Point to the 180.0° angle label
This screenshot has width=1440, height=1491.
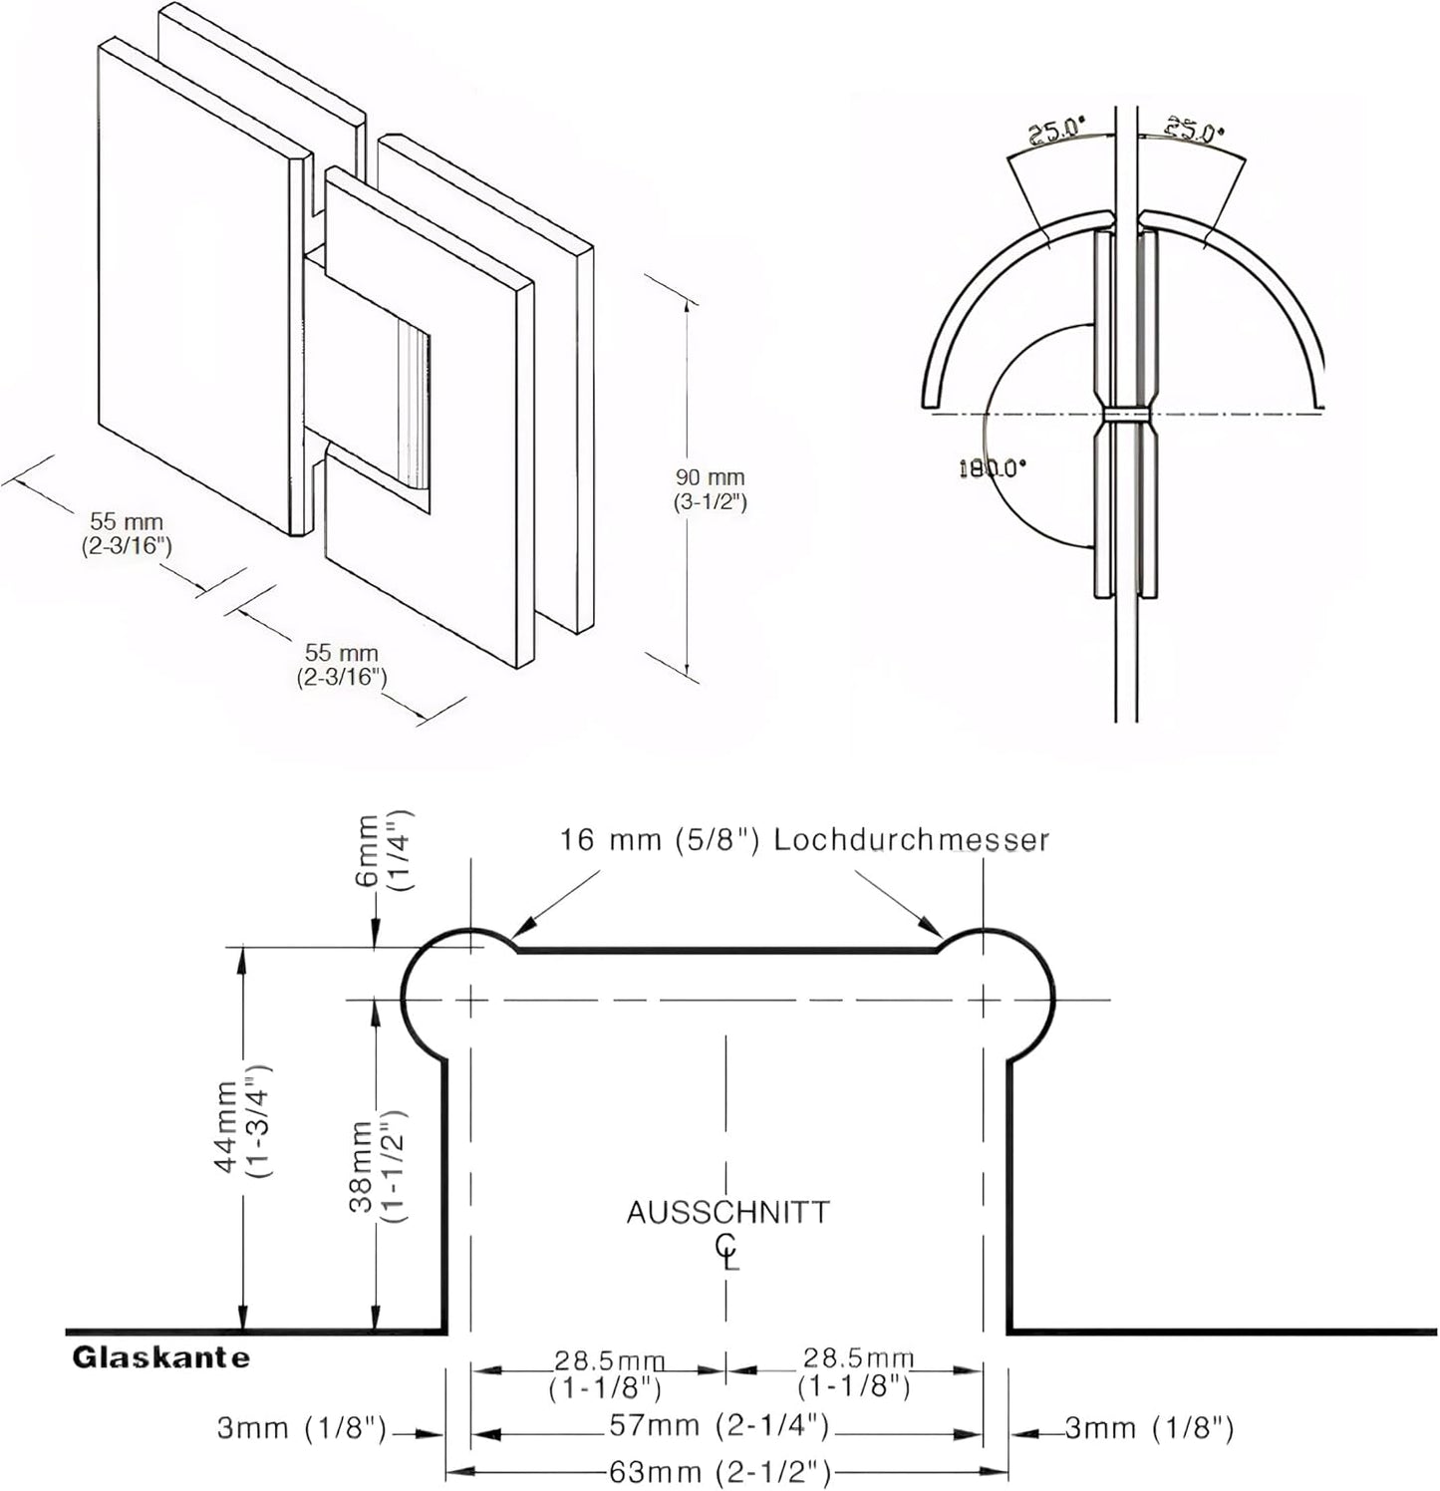click(993, 467)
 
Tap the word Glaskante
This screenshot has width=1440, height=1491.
click(160, 1357)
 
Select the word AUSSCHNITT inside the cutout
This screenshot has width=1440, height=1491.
click(727, 1213)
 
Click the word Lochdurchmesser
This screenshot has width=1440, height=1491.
click(912, 840)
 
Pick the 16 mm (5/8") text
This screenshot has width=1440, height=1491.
click(659, 840)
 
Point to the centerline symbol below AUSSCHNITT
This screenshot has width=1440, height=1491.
click(727, 1250)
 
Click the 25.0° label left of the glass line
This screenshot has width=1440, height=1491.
click(1057, 132)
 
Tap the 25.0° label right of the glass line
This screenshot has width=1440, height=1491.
click(1194, 130)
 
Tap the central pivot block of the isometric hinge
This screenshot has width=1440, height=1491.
click(369, 379)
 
